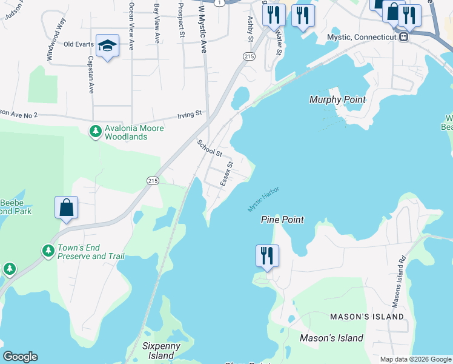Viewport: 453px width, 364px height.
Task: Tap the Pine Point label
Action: [282, 220]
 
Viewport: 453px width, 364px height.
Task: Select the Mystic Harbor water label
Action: [263, 200]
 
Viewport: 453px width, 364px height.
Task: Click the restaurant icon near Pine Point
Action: [267, 256]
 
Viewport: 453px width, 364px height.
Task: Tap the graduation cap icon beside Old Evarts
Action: [107, 45]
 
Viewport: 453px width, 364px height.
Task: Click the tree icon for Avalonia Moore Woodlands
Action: [95, 130]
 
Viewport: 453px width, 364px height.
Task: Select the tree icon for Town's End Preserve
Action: [48, 250]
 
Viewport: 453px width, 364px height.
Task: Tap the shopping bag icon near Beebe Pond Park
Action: [67, 207]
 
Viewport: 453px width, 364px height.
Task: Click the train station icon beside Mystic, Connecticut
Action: [402, 36]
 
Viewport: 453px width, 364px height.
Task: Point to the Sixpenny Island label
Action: [158, 350]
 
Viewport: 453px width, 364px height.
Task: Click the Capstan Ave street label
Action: [90, 75]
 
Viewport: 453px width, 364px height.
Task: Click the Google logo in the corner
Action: [20, 357]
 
